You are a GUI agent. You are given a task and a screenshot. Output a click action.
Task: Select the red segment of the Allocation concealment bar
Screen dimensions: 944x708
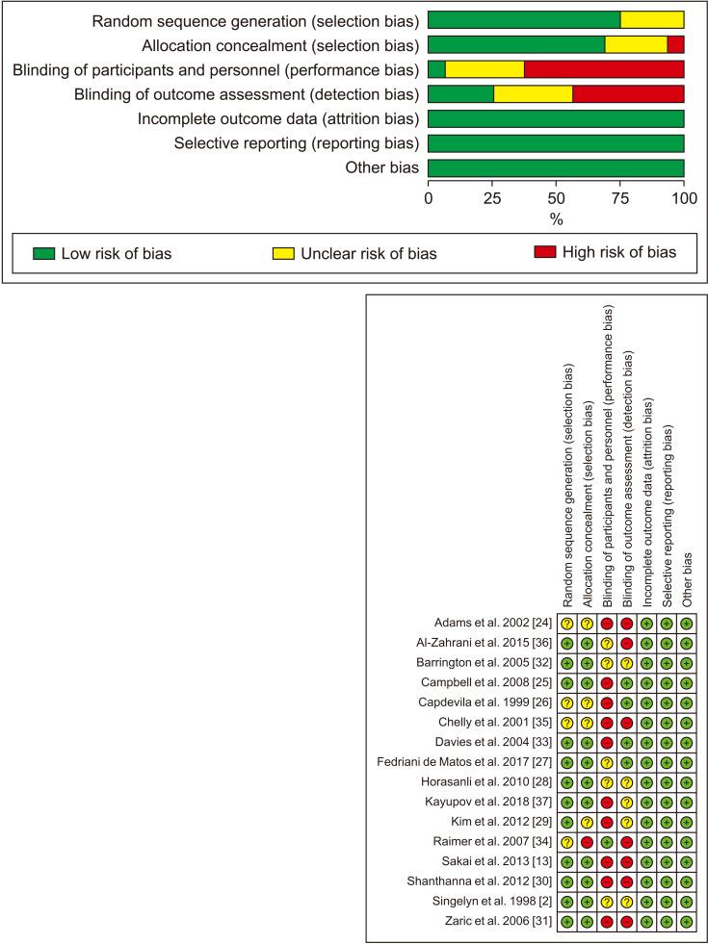pos(675,44)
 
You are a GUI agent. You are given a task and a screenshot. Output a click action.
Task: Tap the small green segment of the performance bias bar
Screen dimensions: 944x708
pos(436,69)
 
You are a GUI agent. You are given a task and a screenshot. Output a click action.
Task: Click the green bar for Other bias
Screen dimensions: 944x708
pos(556,169)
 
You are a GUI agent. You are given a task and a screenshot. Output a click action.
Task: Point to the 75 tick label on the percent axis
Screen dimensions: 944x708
pos(619,200)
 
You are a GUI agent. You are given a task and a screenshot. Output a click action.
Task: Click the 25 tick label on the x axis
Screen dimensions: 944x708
pos(492,200)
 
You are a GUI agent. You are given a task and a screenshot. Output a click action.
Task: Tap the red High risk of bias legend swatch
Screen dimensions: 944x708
pos(545,253)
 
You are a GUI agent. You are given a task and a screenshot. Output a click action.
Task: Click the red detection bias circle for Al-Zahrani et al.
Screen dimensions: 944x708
pos(627,642)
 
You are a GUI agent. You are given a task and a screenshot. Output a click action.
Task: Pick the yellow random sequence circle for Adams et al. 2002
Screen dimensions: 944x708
pos(566,624)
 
